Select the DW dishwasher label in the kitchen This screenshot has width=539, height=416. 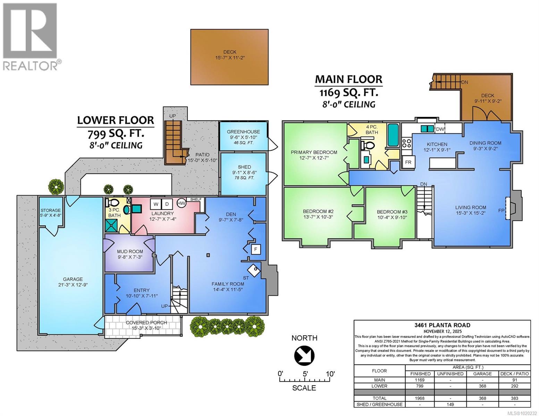point(439,129)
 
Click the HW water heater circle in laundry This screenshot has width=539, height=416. point(181,203)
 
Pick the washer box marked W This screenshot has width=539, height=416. point(156,204)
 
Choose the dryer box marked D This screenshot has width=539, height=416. point(167,204)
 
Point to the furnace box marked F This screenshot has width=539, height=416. point(256,249)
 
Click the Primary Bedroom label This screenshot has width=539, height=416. point(314,152)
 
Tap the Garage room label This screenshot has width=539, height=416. point(73,279)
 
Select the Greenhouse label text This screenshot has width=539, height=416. point(243,132)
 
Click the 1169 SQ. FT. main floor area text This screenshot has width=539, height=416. point(348,93)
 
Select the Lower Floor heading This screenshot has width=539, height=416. point(115,120)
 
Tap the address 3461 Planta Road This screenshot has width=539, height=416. point(442,325)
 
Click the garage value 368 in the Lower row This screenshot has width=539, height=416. point(482,386)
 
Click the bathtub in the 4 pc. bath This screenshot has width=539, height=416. point(393,135)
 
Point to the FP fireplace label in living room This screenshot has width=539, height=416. point(500,210)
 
